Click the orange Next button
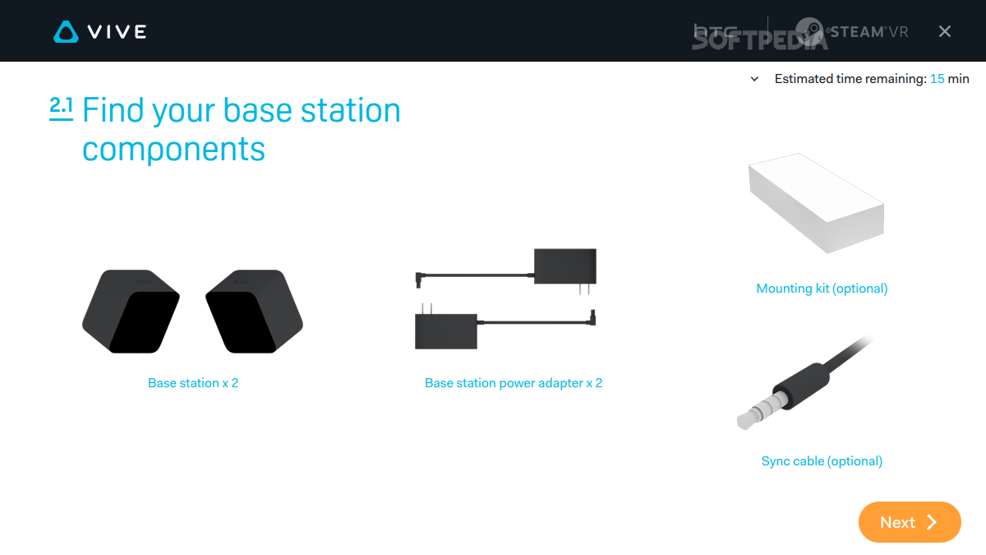[x=910, y=522]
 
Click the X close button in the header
[x=945, y=31]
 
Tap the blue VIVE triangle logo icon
[x=66, y=32]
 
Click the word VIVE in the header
[x=117, y=32]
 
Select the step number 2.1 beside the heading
[x=61, y=108]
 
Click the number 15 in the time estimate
[x=938, y=79]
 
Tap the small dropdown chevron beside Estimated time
[x=754, y=79]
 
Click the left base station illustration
[x=131, y=312]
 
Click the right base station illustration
[x=254, y=312]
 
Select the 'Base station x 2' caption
[x=193, y=383]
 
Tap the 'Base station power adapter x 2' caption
[x=514, y=383]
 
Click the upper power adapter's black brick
[x=565, y=266]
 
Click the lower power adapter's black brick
[x=446, y=331]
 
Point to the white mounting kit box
[x=817, y=203]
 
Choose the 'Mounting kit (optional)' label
[x=822, y=289]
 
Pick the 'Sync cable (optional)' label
[x=822, y=461]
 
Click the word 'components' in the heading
[x=173, y=149]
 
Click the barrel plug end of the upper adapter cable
[x=418, y=280]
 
